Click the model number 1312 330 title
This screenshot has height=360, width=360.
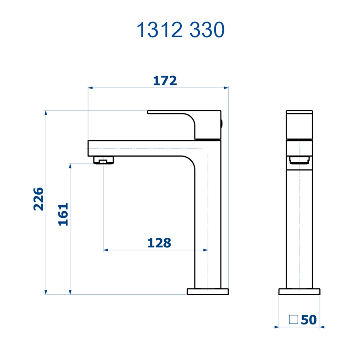coord(180,30)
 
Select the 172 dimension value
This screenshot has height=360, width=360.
coord(165,81)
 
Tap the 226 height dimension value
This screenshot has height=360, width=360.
coord(39,199)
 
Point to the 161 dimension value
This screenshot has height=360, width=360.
coord(63,215)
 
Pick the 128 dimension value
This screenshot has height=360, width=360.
coord(159,243)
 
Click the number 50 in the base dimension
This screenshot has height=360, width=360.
coord(309,320)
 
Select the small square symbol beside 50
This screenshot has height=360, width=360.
coord(293,319)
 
